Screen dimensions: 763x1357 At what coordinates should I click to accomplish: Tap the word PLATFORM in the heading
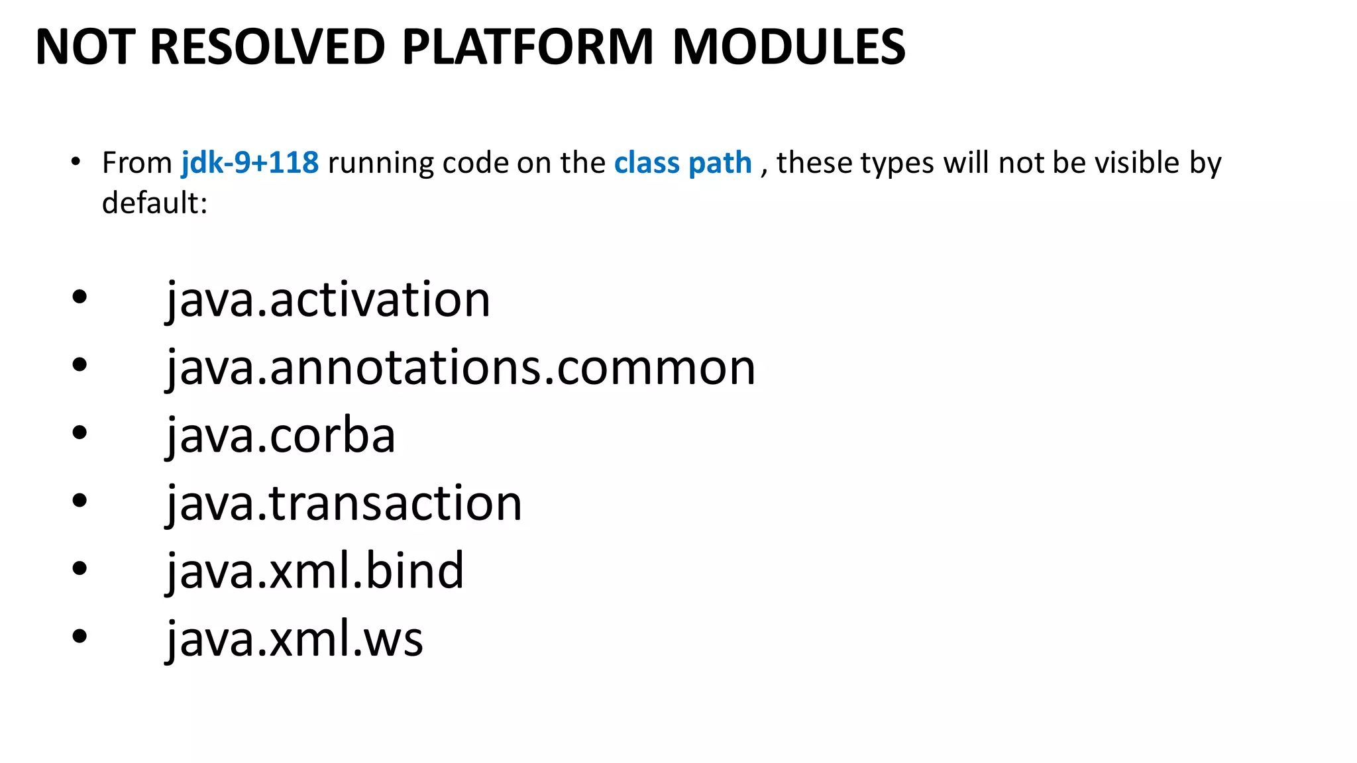click(x=527, y=48)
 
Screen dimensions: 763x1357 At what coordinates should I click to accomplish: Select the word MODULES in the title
click(x=788, y=48)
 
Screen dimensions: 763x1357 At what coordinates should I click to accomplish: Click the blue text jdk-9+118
click(x=250, y=163)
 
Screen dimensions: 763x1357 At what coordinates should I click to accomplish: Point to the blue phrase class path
click(x=682, y=163)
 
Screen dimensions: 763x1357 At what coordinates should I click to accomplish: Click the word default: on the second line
click(x=154, y=203)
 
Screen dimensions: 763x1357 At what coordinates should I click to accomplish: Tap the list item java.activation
click(x=328, y=300)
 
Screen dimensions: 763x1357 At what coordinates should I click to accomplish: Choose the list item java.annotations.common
click(x=461, y=368)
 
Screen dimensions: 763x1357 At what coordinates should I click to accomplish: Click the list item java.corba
click(x=280, y=436)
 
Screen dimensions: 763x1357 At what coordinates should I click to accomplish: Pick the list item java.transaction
click(x=344, y=504)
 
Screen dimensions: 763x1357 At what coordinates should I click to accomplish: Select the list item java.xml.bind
click(x=315, y=572)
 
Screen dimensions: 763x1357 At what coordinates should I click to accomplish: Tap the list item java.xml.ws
click(x=294, y=640)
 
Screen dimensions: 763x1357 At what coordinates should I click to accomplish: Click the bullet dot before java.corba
click(x=80, y=434)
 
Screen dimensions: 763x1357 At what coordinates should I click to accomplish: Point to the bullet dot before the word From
click(x=76, y=162)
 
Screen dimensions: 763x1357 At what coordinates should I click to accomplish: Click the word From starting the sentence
click(x=137, y=163)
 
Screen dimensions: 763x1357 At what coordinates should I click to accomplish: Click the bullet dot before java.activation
click(x=80, y=298)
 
